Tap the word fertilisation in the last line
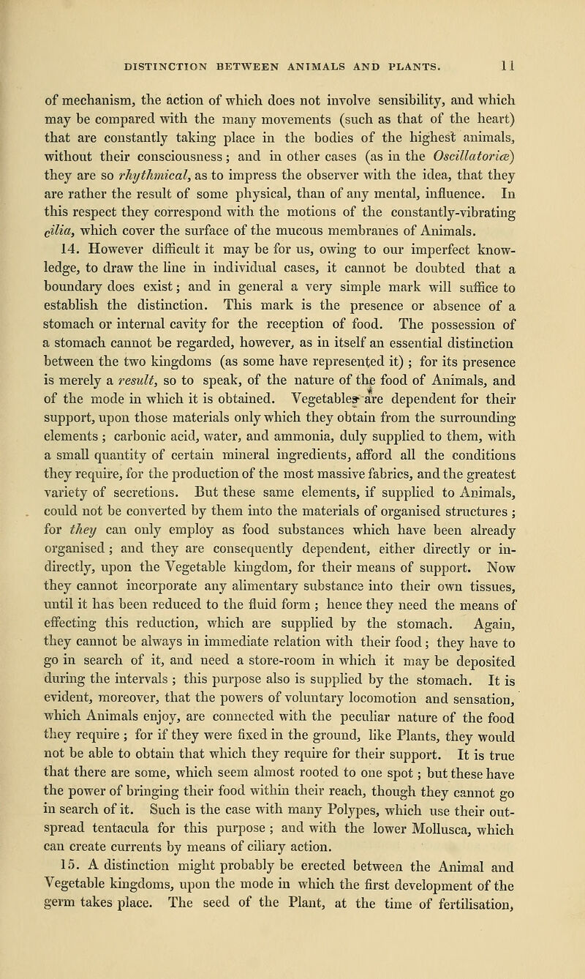[485, 945]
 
